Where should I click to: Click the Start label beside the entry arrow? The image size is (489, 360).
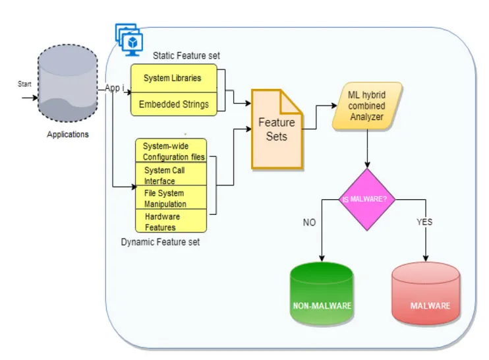(x=24, y=84)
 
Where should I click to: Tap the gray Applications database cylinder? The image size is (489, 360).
(x=67, y=84)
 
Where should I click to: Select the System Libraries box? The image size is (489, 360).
(x=173, y=78)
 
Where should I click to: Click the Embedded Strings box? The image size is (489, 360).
(x=173, y=104)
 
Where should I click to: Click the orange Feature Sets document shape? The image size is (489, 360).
(x=276, y=130)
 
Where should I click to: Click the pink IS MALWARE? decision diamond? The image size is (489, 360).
(x=366, y=199)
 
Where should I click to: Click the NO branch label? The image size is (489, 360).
(x=309, y=223)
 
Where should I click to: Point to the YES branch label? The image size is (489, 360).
(x=424, y=222)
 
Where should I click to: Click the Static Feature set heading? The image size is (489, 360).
(x=187, y=56)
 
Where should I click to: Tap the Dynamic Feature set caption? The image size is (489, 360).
(x=160, y=243)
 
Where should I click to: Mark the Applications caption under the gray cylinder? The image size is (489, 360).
(x=68, y=135)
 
